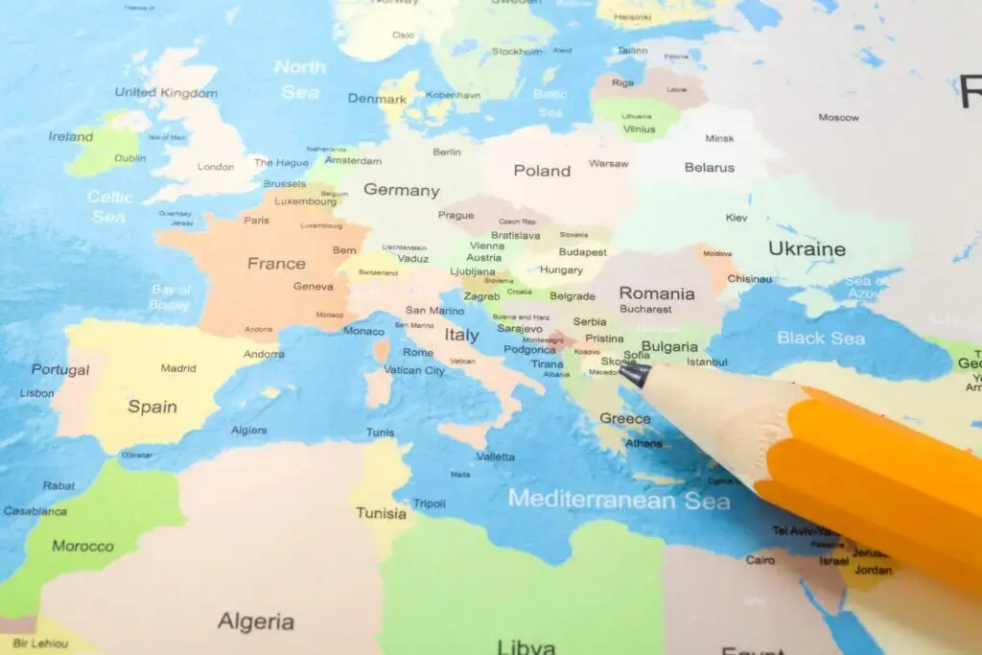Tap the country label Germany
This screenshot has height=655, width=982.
[x=401, y=190]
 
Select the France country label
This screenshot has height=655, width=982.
[x=276, y=263]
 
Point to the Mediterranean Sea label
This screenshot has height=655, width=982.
[x=619, y=500]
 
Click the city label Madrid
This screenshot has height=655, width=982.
[x=178, y=368]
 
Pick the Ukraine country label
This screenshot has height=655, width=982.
[x=807, y=249]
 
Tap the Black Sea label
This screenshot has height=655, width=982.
[x=820, y=338]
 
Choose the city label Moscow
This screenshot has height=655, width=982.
[x=838, y=118]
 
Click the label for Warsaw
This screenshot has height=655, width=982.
[x=609, y=164]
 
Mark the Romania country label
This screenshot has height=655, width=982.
[x=657, y=293]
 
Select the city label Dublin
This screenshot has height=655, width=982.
[x=130, y=158]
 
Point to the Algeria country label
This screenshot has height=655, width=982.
[x=255, y=621]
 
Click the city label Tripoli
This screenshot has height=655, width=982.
[x=429, y=503]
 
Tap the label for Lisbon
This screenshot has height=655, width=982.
[x=36, y=393]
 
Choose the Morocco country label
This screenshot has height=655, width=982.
[x=82, y=547]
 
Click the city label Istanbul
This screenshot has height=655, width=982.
[x=707, y=363]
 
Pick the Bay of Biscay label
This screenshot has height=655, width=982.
[x=170, y=297]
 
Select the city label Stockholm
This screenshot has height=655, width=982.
[x=517, y=51]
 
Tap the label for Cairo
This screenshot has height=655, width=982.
[x=760, y=560]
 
